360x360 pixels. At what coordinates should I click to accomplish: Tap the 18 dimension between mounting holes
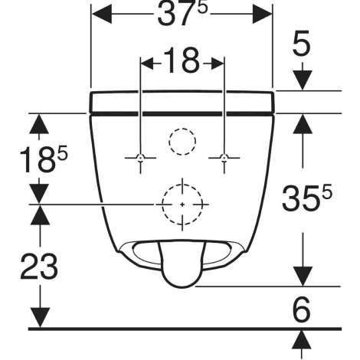point(182,61)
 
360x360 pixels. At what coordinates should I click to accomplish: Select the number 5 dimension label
point(302,43)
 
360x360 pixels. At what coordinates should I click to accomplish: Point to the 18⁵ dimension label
point(44,159)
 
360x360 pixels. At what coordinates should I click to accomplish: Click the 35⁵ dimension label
point(307,198)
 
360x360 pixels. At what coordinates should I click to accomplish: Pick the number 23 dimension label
point(39,267)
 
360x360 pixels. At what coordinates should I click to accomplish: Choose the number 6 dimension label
point(302,309)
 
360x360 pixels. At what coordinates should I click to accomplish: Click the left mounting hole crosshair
point(140,158)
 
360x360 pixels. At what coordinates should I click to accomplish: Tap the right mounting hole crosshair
point(224,158)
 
